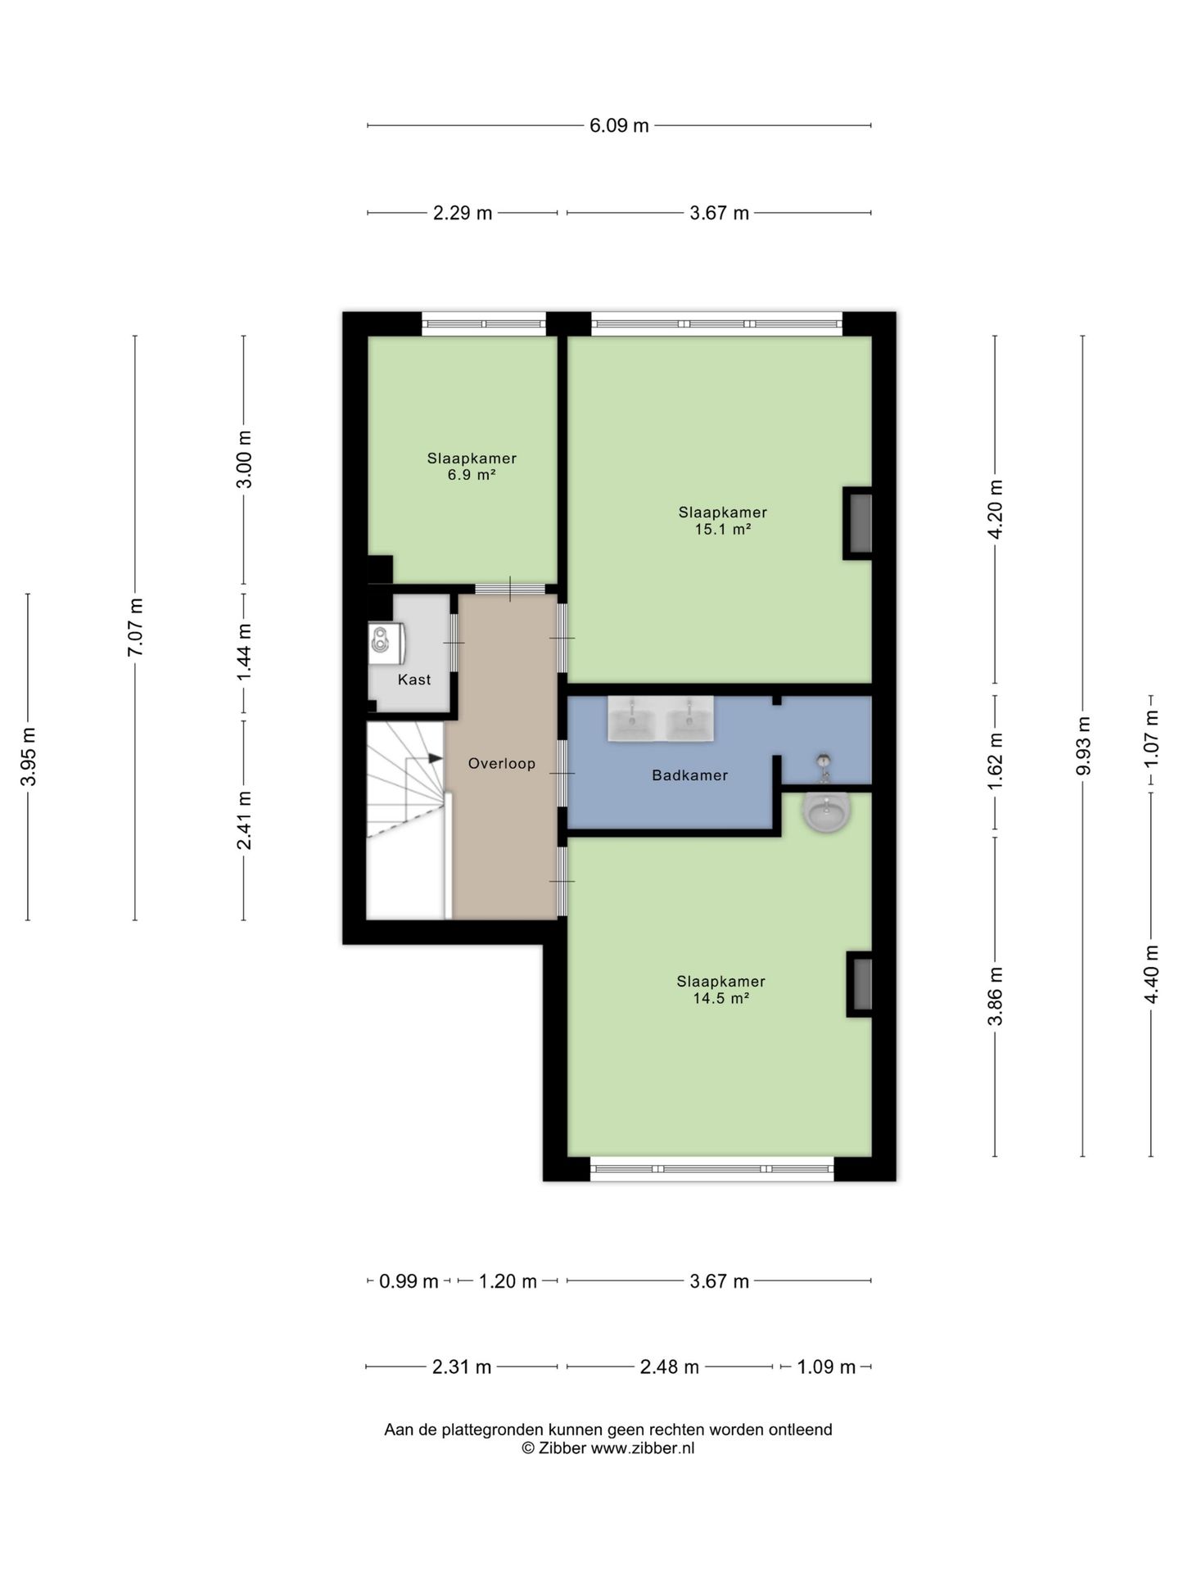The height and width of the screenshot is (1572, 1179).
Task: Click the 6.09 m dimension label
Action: pos(619,125)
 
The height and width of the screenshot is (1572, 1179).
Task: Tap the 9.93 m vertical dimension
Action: pos(1083,745)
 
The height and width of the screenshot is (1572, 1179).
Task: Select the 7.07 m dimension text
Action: pos(135,626)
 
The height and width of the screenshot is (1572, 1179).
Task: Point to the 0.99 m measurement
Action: pos(409,1281)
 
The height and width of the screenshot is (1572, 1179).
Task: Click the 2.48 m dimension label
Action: pos(670,1366)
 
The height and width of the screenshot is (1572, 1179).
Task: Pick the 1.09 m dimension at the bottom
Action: pos(826,1366)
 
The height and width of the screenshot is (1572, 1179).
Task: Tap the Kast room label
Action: pos(414,680)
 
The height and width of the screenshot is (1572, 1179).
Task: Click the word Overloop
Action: pos(502,764)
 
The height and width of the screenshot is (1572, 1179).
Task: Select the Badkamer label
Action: pos(689,775)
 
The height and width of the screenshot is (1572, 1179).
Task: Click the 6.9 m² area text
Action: pos(472,475)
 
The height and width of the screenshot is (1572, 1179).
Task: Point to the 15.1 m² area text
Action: pos(722,529)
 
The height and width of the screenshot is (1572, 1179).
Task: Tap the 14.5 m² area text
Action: pos(721,998)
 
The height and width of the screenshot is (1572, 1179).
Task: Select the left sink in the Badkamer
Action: pos(631,720)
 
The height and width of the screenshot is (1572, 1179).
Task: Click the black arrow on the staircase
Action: pos(435,758)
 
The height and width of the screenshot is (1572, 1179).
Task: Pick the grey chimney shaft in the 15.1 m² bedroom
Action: pos(859,523)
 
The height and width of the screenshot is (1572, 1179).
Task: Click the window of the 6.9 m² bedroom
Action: pos(484,324)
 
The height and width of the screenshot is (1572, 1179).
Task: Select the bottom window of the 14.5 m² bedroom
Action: pos(711,1169)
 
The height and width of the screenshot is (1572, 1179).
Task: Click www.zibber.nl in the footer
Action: pos(643,1448)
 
